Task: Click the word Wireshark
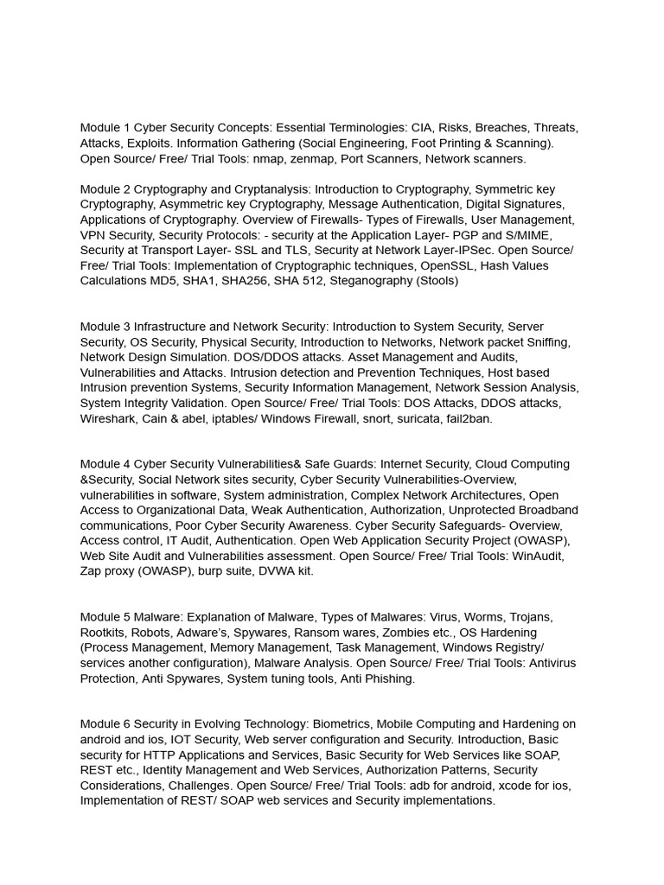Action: pyautogui.click(x=111, y=418)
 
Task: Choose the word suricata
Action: pyautogui.click(x=402, y=418)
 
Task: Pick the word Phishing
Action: pyautogui.click(x=390, y=678)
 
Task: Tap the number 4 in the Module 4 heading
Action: pyautogui.click(x=126, y=464)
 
